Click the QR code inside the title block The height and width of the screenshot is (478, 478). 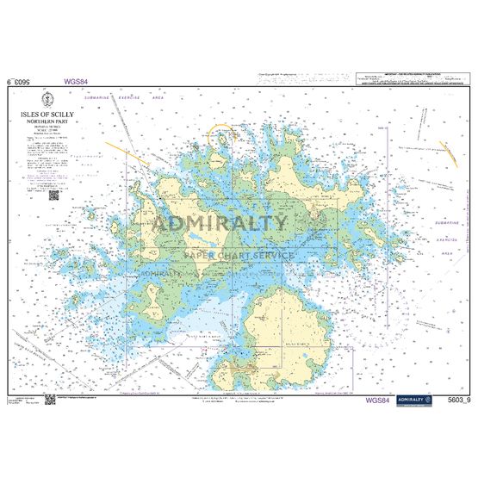coord(53,194)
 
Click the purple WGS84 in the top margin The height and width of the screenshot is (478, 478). coord(77,83)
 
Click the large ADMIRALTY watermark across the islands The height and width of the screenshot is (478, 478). coord(220,222)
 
